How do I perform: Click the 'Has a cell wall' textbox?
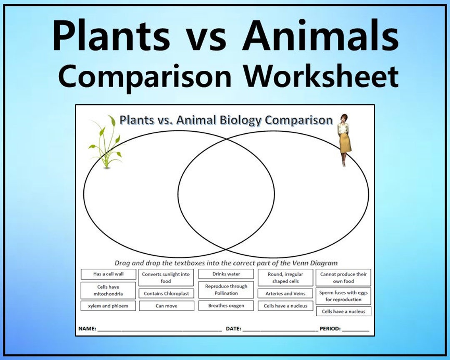point(108,274)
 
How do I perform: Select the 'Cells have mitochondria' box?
point(108,290)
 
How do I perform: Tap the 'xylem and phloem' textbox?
point(108,306)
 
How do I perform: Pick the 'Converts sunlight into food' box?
point(166,278)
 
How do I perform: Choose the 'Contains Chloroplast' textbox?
point(166,294)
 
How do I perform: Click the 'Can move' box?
point(166,306)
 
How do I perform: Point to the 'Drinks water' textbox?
point(226,274)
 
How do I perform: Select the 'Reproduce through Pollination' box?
point(226,290)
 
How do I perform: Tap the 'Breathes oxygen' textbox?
point(226,306)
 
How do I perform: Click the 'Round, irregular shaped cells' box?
point(285,278)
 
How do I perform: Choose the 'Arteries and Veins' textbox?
point(285,294)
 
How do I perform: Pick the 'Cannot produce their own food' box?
point(343,278)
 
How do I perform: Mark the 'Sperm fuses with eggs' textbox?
point(343,296)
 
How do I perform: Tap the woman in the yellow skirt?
point(344,140)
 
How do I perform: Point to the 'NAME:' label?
point(87,329)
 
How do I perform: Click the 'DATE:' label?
point(233,329)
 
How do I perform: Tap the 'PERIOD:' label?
point(330,329)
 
